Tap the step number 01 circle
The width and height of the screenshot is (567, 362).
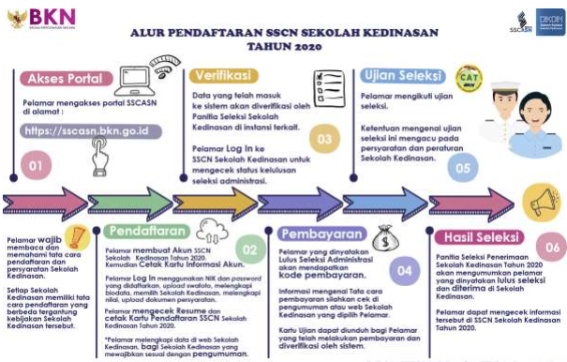(35, 168)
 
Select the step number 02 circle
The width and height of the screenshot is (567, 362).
(248, 249)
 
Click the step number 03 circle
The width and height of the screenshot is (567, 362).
(324, 140)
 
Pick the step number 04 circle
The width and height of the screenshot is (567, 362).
(405, 269)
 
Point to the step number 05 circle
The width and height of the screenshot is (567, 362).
(459, 169)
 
